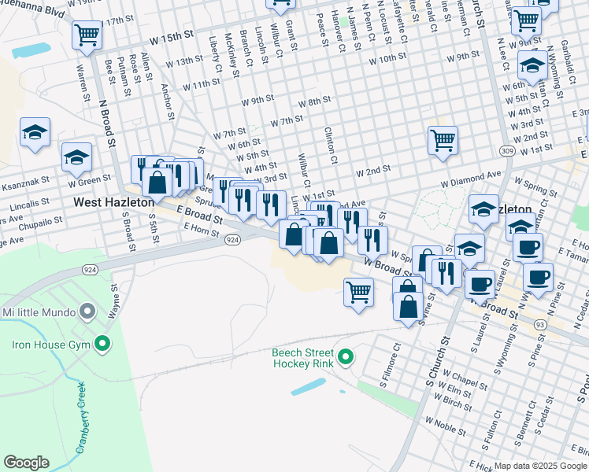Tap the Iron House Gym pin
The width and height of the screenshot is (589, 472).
[x=101, y=343]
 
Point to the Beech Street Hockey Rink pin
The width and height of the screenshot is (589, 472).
[x=345, y=359]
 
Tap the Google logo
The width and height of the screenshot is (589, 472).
[x=27, y=463]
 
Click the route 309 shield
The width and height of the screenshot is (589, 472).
[x=507, y=149]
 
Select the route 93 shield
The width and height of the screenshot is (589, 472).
[x=539, y=323]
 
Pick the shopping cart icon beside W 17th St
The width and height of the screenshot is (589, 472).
[x=87, y=34]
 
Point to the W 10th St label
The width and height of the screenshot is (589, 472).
[x=376, y=59]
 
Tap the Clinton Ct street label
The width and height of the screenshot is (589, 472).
[x=332, y=146]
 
